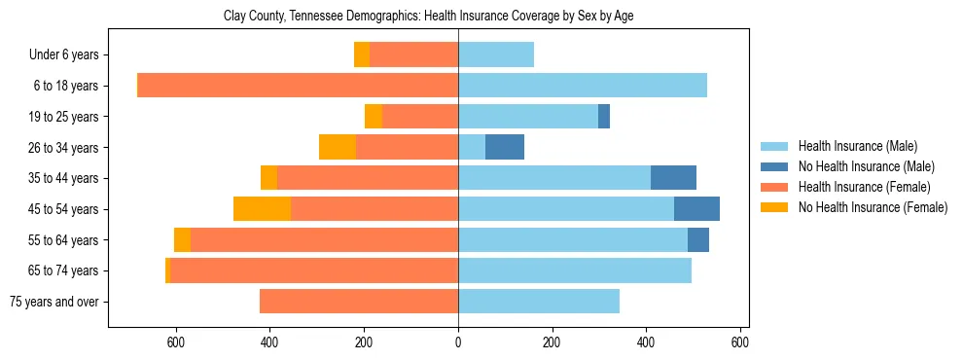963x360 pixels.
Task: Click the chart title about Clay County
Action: (428, 17)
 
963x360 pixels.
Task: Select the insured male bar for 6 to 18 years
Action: (583, 86)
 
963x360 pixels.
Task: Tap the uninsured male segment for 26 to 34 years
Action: (505, 147)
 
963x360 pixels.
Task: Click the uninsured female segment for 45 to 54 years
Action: (262, 209)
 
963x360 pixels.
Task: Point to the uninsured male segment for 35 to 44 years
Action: (673, 178)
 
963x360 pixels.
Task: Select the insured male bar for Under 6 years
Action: (496, 54)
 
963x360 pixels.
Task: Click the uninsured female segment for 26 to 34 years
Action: (338, 147)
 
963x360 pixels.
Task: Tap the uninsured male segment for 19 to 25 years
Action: (604, 117)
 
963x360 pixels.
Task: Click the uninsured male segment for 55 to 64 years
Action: (698, 240)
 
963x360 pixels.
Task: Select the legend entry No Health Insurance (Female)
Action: (872, 207)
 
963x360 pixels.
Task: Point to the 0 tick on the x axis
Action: (458, 342)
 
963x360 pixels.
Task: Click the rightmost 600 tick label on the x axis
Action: (740, 342)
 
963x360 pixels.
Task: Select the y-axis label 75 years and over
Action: (53, 302)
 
